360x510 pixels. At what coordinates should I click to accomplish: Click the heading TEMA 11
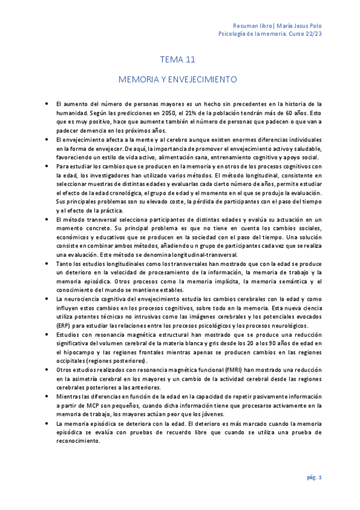[x=178, y=60]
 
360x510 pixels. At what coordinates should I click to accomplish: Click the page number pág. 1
[x=315, y=477]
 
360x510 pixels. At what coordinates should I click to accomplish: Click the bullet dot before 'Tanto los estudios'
[x=47, y=263]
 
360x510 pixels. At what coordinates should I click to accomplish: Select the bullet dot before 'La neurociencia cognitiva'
[x=47, y=299]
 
